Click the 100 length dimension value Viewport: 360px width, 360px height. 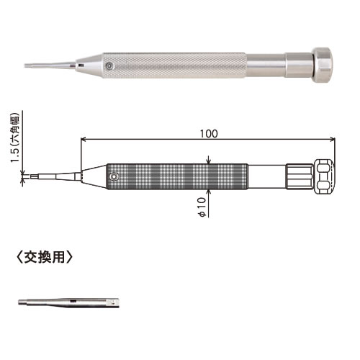[x=209, y=134]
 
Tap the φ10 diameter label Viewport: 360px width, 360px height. [x=202, y=207]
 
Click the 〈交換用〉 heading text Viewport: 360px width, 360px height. [x=45, y=257]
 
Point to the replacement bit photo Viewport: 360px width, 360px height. [x=68, y=302]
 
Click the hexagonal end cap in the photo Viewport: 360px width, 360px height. [x=323, y=66]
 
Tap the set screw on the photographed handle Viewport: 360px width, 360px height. [x=109, y=66]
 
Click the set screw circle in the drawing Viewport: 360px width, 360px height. [x=114, y=176]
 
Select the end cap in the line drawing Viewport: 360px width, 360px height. [x=324, y=176]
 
